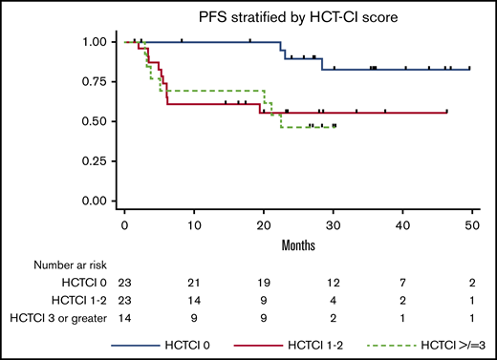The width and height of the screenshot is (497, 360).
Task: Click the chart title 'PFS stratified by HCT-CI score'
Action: [296, 17]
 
